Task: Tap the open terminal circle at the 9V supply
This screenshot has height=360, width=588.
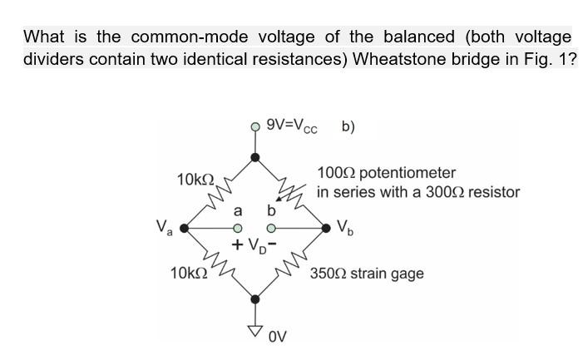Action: click(x=256, y=127)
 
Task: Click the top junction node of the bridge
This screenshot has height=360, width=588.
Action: click(x=256, y=155)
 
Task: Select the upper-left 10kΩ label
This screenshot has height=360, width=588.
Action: click(x=196, y=180)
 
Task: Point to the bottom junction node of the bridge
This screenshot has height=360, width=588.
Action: click(x=256, y=297)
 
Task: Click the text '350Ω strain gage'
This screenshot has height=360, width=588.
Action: click(x=367, y=273)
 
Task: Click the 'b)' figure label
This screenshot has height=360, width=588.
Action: click(x=348, y=127)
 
